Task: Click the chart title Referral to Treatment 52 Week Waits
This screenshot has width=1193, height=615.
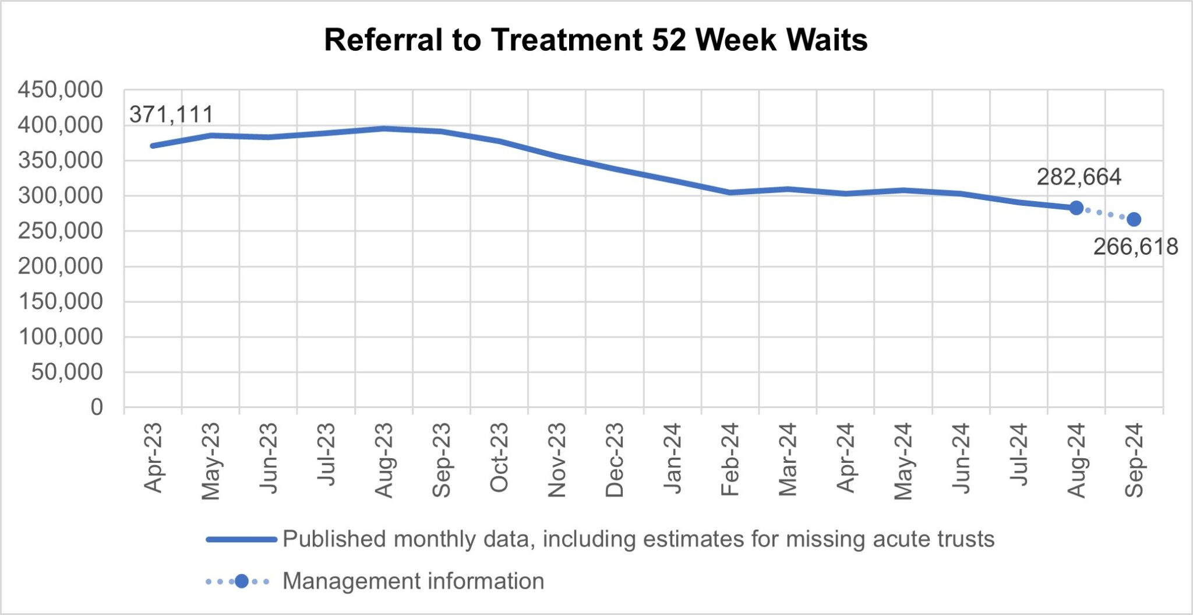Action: pos(595,40)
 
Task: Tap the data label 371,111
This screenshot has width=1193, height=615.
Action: pos(171,115)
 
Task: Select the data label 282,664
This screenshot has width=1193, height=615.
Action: pos(1079,177)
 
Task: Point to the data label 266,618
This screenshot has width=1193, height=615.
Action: pos(1135,247)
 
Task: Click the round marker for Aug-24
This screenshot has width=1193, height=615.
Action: pos(1076,208)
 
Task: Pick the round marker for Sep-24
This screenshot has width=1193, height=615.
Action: pos(1134,220)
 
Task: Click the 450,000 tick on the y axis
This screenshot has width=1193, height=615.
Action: pos(61,90)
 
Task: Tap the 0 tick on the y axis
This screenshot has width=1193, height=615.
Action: pos(97,407)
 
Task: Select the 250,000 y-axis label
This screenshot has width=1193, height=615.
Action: pos(61,231)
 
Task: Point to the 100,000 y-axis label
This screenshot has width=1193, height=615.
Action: pos(61,336)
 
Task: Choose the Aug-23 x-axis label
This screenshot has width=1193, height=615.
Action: pos(384,461)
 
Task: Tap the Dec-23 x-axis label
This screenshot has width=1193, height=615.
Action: pos(615,461)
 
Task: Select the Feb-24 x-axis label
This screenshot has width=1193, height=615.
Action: pos(730,461)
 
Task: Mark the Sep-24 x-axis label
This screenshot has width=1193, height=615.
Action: pos(1134,461)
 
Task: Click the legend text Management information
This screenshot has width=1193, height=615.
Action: pos(413,581)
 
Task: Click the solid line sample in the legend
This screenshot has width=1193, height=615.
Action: pos(241,540)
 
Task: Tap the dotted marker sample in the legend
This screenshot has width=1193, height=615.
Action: pos(241,581)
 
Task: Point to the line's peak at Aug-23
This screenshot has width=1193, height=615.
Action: pos(384,128)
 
